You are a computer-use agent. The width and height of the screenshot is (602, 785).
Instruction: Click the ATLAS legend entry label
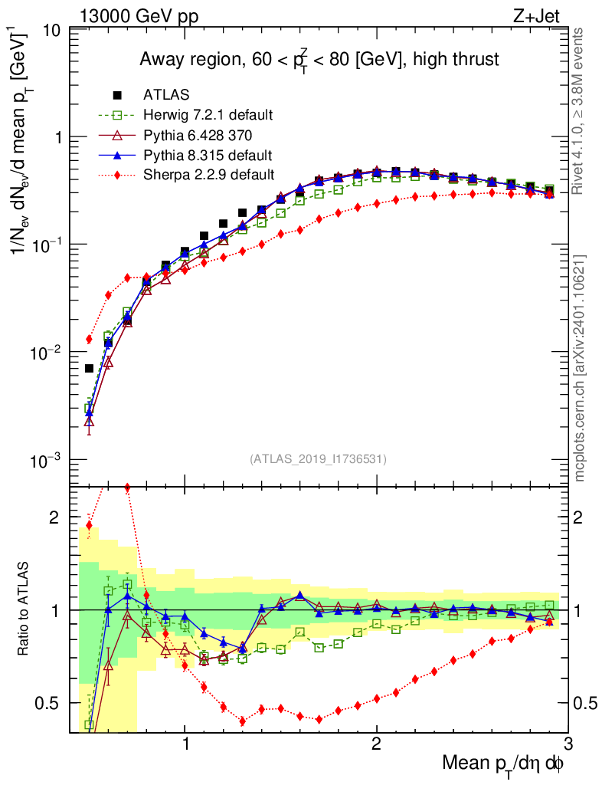166,95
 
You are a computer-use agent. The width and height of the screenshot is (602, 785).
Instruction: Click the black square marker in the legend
117,95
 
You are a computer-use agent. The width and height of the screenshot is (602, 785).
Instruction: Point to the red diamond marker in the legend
117,175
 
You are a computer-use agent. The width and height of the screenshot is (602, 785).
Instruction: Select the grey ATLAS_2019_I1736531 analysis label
318,459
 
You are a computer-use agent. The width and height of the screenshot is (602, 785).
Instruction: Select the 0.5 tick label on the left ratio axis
50,703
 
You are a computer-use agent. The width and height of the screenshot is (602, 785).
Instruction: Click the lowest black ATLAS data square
89,369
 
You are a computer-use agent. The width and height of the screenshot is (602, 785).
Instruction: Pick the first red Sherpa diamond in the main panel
89,339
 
